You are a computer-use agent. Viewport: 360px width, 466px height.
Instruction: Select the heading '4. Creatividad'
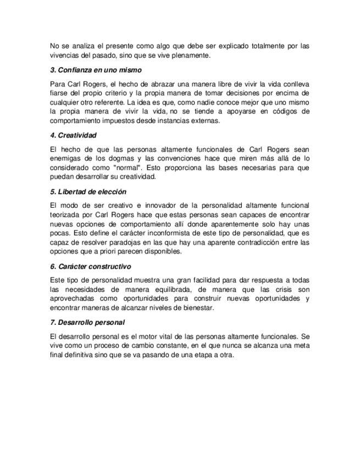pyautogui.click(x=73, y=135)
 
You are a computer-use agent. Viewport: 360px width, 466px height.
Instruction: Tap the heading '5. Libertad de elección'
pyautogui.click(x=88, y=192)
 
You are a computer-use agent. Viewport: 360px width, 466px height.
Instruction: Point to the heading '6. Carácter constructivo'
pyautogui.click(x=90, y=266)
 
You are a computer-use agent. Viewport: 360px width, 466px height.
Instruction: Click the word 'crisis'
pyautogui.click(x=282, y=290)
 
